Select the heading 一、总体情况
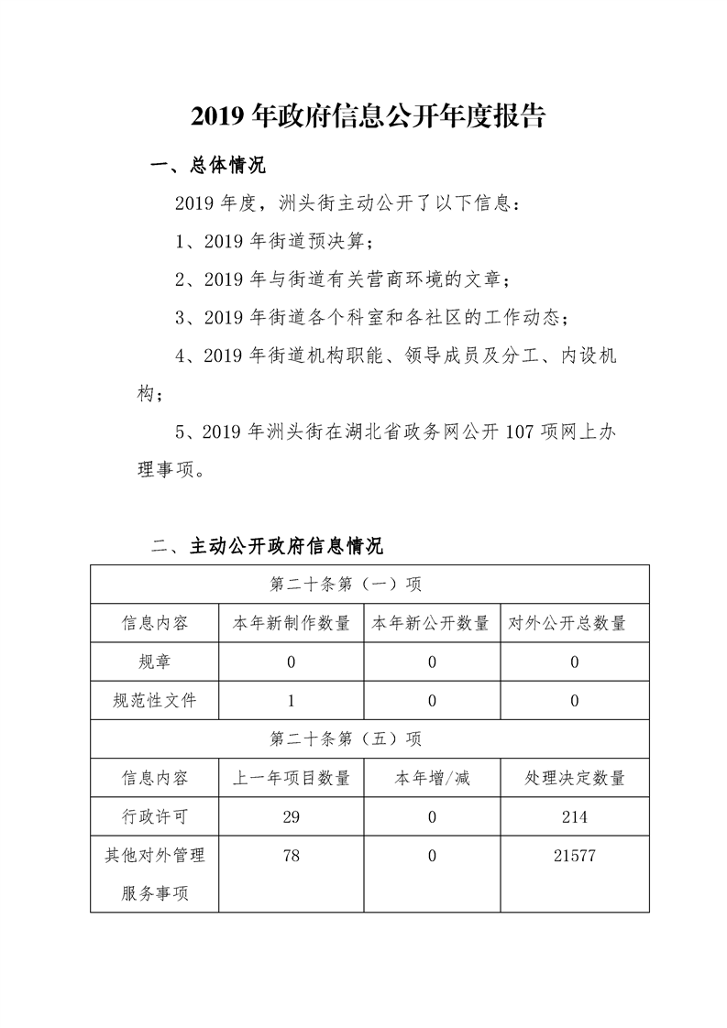tap(207, 166)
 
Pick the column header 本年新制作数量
tap(292, 623)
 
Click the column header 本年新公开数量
tap(430, 623)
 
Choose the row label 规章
tap(154, 662)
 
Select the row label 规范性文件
tap(154, 701)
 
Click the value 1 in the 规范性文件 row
tap(292, 701)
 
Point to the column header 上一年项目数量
tap(292, 778)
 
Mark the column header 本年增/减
tap(432, 778)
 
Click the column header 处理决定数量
tap(575, 778)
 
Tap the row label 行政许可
tap(154, 816)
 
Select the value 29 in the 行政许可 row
tap(292, 816)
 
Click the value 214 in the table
tap(575, 816)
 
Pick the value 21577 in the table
tap(575, 855)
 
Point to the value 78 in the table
tap(292, 855)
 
